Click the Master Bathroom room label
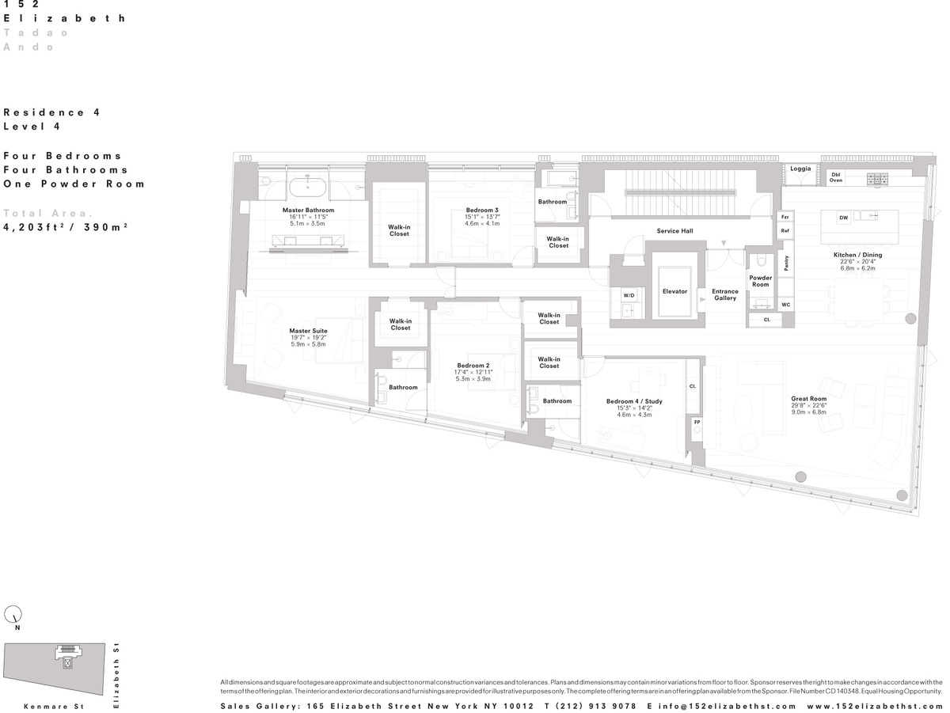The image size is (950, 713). pos(308,210)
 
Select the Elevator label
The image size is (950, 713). pos(674,291)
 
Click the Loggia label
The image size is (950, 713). pos(800,169)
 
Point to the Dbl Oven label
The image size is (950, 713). pos(836,177)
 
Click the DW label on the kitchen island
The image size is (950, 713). pos(843,218)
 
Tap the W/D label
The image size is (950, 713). pos(629,295)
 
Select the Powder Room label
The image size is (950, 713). pos(760,281)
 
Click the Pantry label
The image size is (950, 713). pos(785,264)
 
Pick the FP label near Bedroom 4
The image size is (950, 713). pos(697,422)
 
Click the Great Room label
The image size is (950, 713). pos(808,399)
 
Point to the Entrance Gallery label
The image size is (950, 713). pos(724,294)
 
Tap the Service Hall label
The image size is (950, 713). pos(674,231)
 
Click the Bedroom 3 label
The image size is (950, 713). pos(482,210)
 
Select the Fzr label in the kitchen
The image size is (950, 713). pos(785,216)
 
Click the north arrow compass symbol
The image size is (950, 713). pos(13,614)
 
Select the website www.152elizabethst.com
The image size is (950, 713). pos(874,706)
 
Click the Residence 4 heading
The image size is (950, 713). pos(51,112)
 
